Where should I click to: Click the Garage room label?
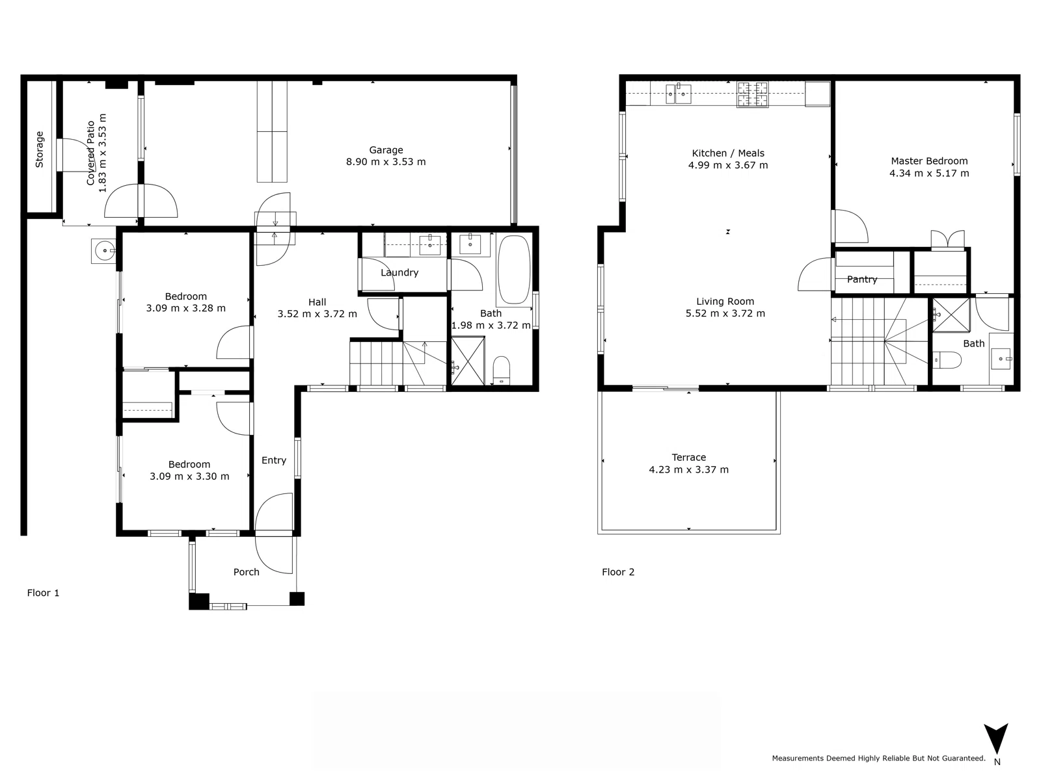point(386,150)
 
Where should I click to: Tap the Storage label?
point(40,149)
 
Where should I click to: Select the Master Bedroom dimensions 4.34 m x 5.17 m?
point(929,174)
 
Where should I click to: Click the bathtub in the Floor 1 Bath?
point(514,270)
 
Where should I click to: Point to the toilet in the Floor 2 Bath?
point(947,359)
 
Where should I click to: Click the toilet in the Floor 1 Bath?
point(502,369)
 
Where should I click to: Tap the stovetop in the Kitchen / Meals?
point(752,94)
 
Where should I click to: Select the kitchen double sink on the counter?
point(678,94)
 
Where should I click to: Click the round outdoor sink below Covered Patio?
point(103,250)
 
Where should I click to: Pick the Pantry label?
point(862,279)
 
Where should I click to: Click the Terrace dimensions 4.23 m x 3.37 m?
point(688,470)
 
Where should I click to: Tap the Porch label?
point(247,572)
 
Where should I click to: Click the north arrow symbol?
point(996,740)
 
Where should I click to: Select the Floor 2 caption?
point(618,572)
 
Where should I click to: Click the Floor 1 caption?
point(43,593)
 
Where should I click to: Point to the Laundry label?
point(399,272)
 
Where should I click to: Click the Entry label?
point(274,460)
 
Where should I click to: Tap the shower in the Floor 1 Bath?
point(468,361)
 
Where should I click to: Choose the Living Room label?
point(725,302)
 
